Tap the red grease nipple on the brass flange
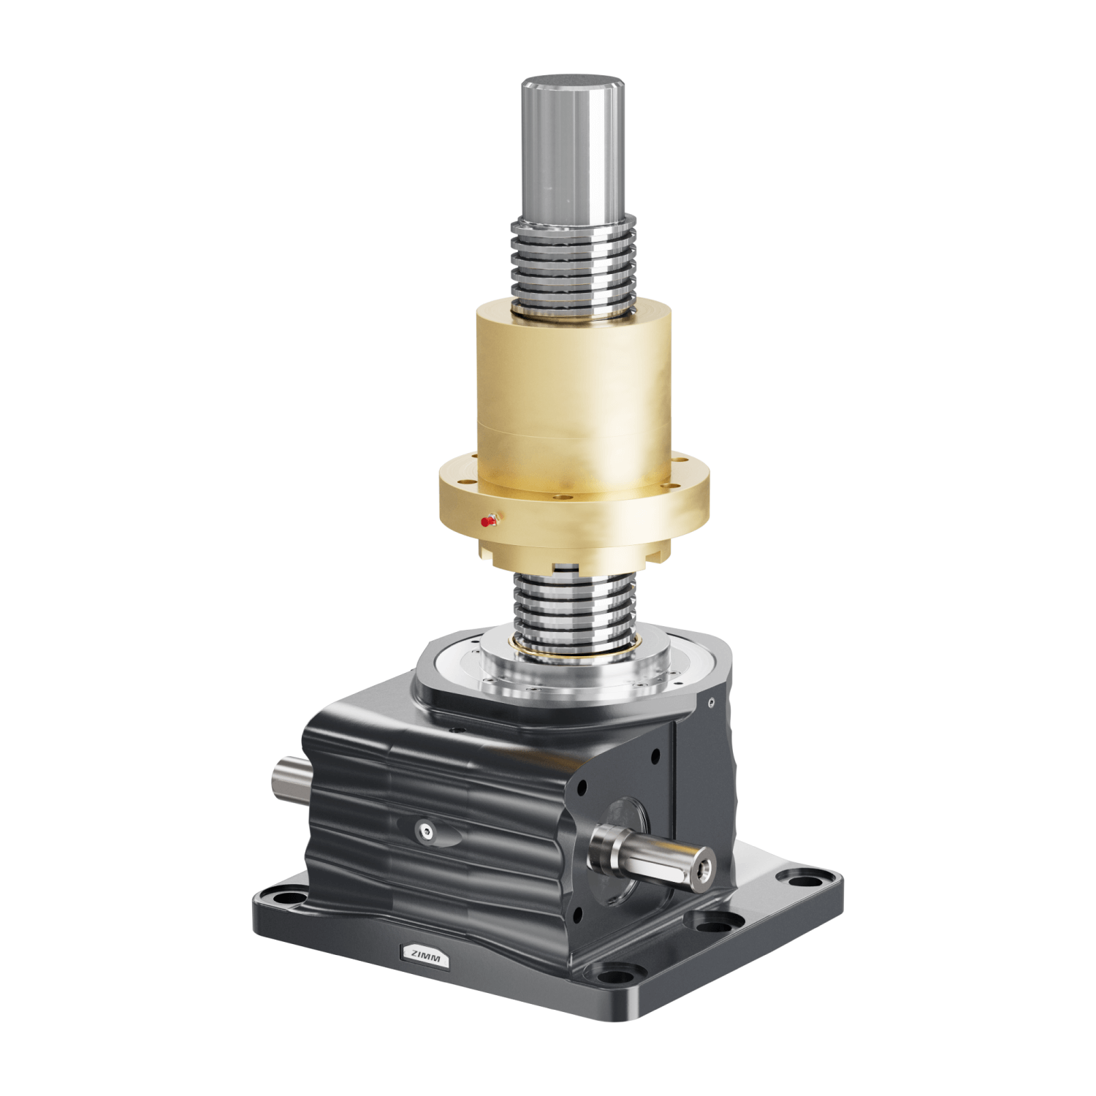486,522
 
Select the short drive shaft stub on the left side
289,779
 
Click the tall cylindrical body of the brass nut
574,387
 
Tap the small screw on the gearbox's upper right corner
711,702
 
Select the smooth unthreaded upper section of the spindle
573,153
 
